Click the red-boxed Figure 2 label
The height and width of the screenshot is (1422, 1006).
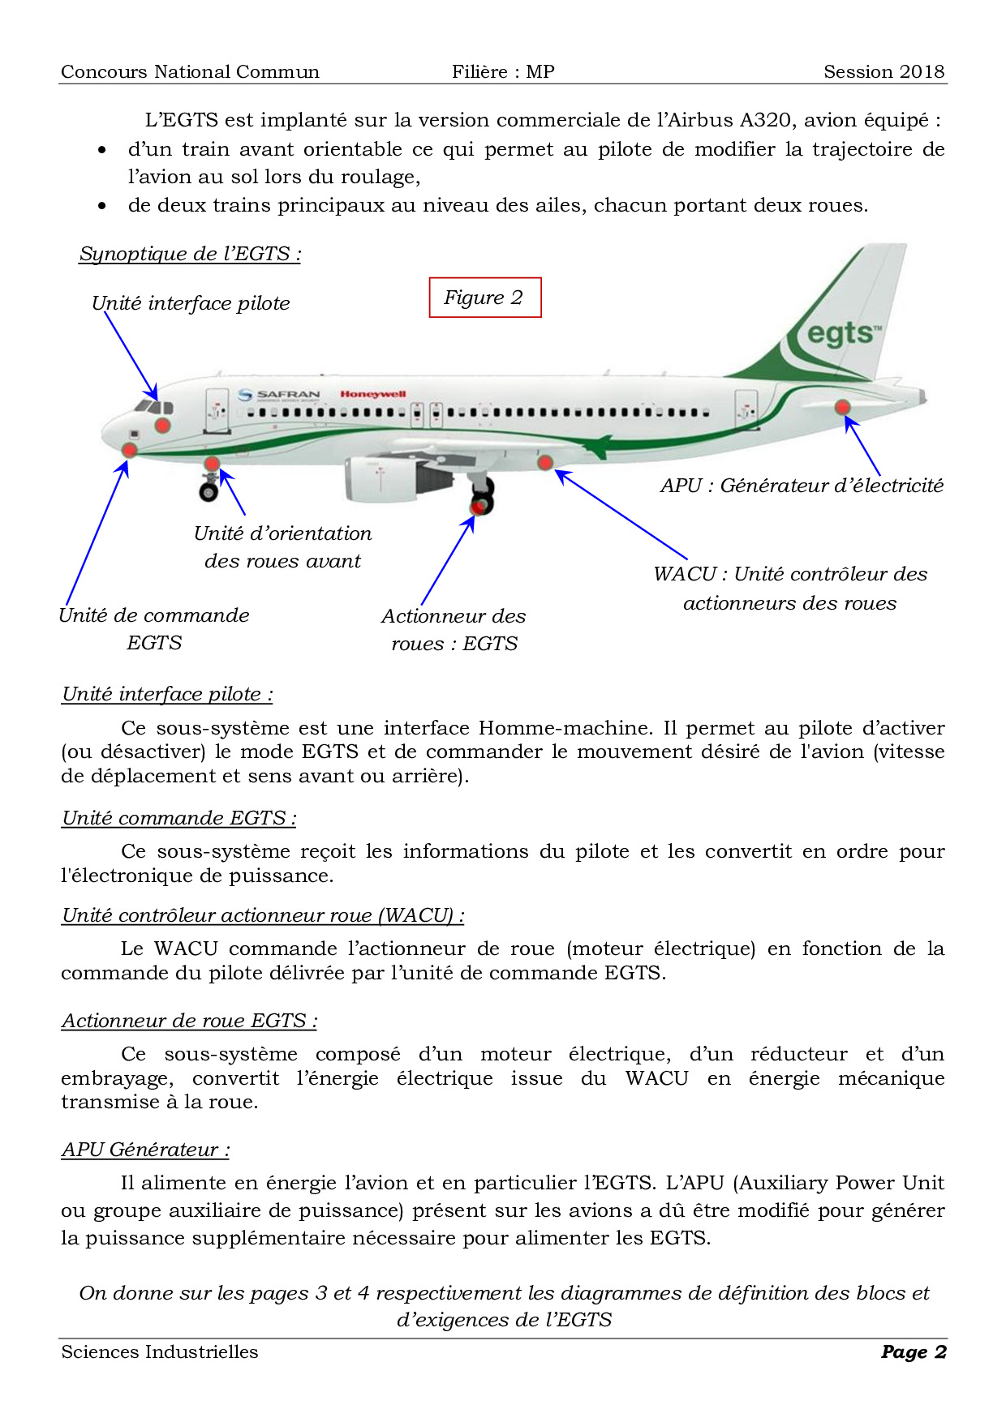(484, 298)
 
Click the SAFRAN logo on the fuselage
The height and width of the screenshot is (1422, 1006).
(280, 395)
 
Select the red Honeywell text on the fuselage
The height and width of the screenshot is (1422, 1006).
(372, 394)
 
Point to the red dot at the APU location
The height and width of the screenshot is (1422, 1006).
(843, 406)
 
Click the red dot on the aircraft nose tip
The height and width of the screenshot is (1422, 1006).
(129, 450)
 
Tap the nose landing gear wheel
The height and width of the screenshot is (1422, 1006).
(209, 491)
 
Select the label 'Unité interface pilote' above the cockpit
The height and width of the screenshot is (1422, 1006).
(191, 303)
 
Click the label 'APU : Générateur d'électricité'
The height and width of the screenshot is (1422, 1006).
(802, 486)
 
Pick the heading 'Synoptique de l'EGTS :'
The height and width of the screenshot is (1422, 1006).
(190, 254)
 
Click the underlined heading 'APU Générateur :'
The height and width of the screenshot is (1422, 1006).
(145, 1150)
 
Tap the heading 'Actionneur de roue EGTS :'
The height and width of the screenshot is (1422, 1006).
(189, 1021)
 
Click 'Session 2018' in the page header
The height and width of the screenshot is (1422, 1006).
(883, 71)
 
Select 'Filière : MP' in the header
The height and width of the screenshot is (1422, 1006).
(503, 71)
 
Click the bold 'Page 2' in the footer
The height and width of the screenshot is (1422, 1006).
(914, 1351)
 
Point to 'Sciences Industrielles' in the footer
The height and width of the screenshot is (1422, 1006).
(160, 1351)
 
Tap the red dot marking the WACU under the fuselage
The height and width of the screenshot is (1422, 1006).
(545, 462)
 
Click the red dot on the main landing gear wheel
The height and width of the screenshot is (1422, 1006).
(479, 506)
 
